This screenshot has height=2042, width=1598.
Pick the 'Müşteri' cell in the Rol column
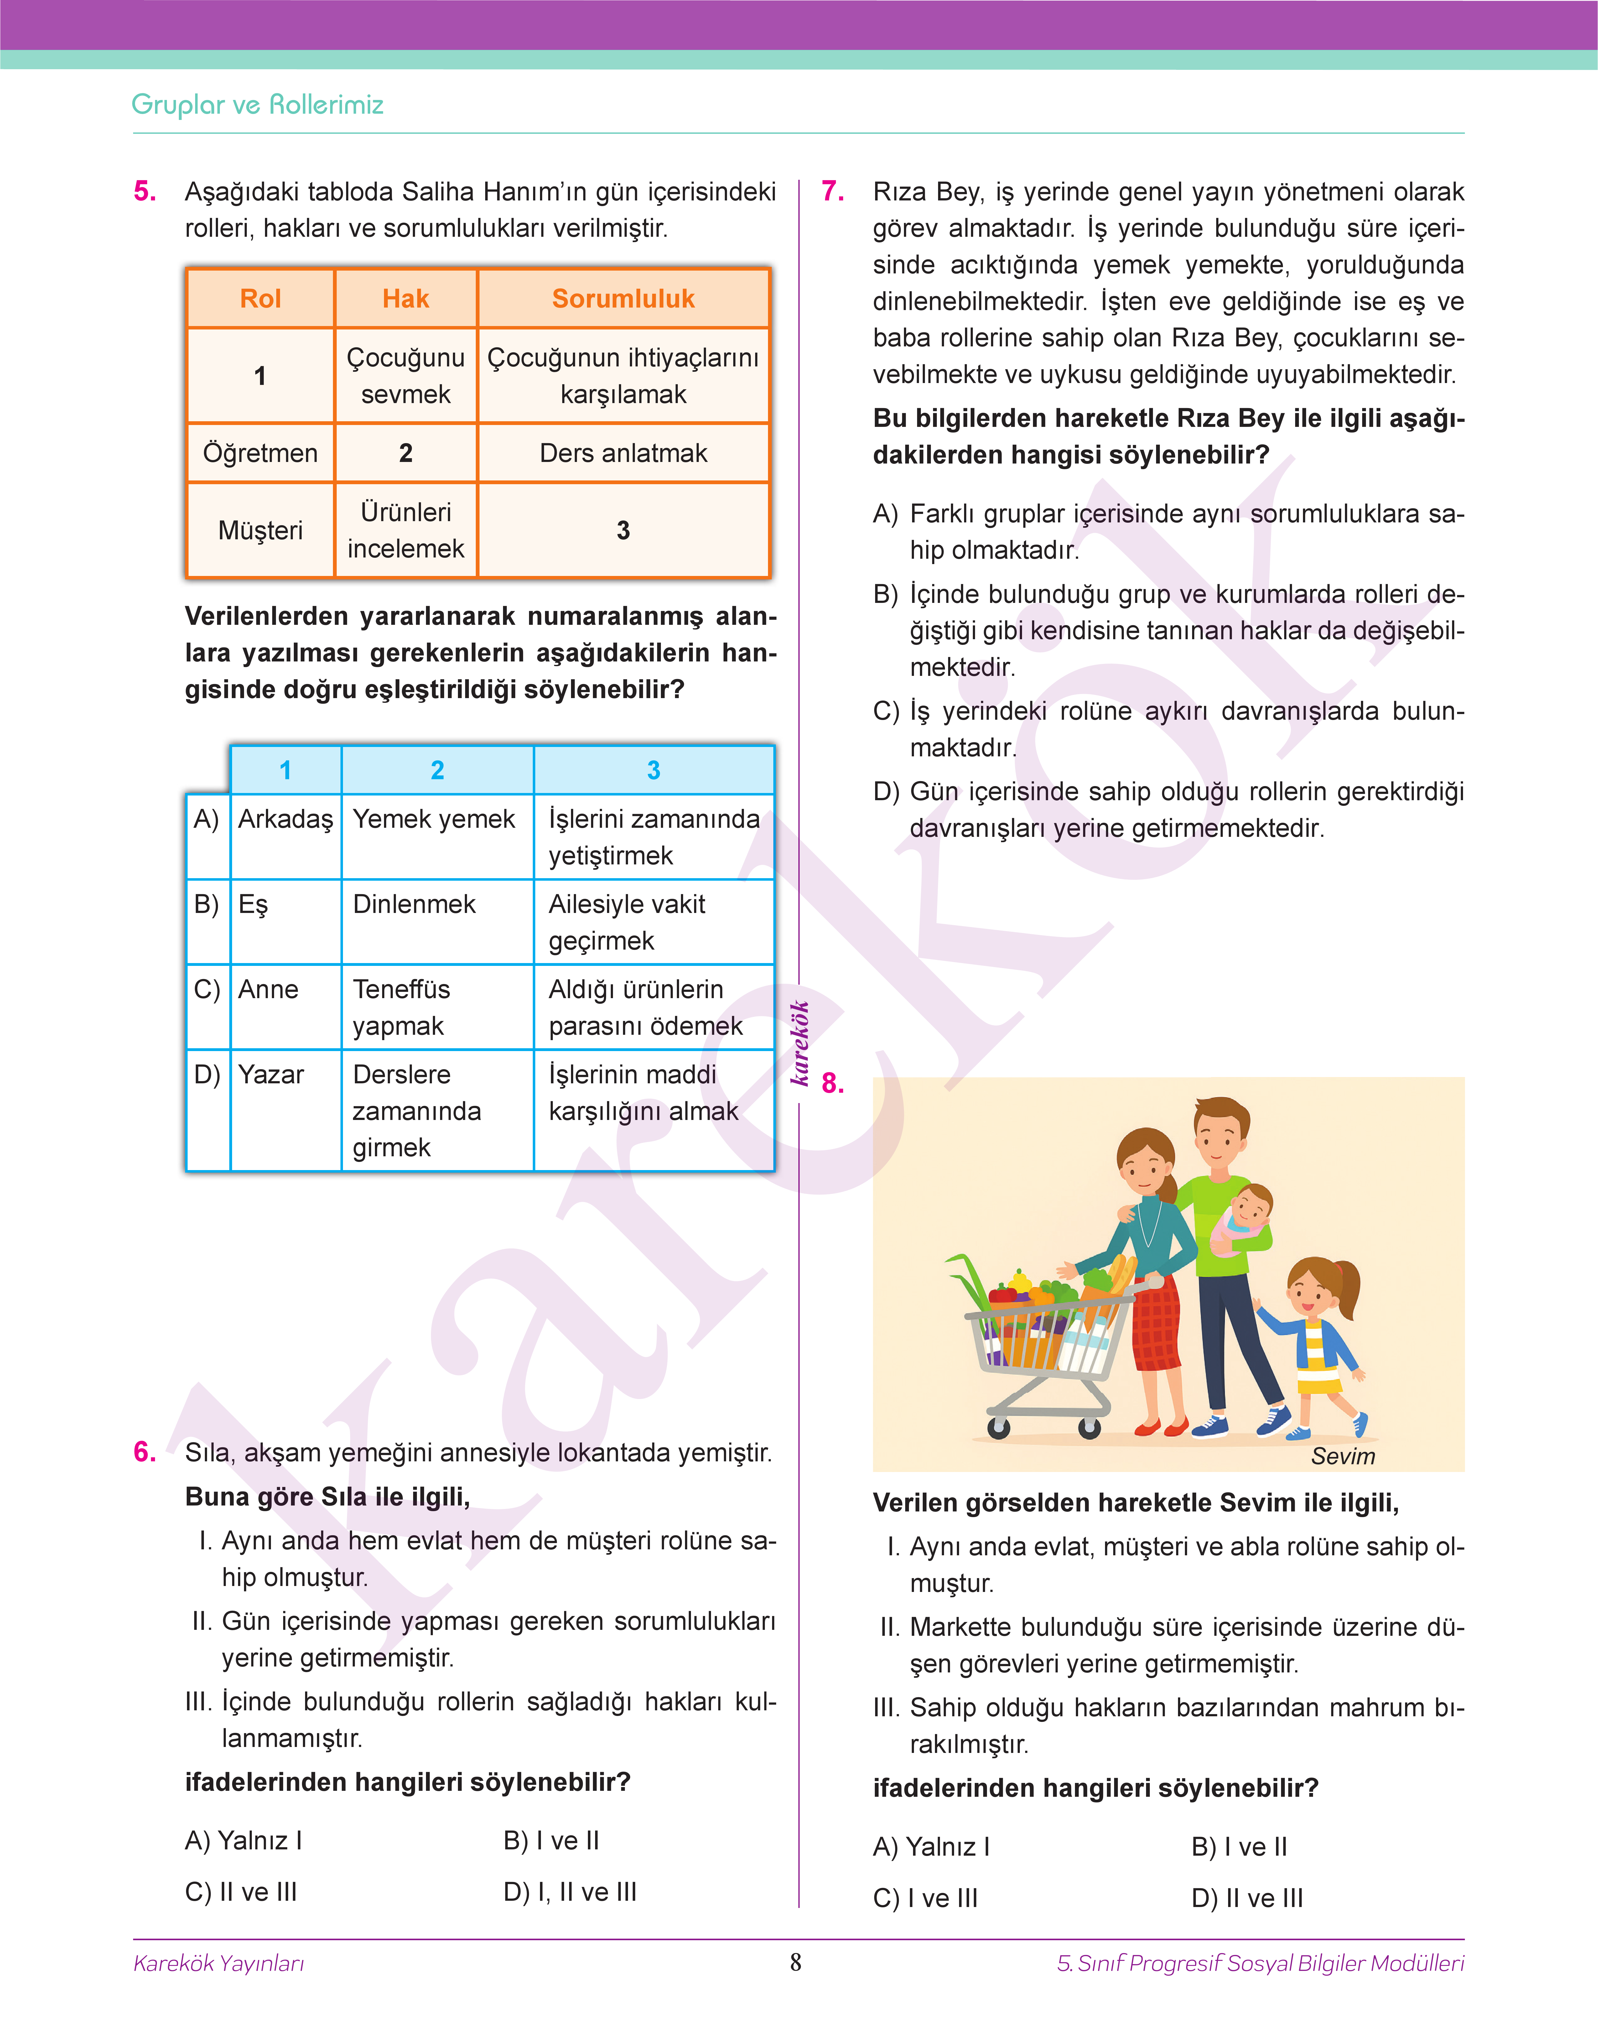pos(260,530)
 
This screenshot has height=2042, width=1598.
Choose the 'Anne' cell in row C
pos(268,990)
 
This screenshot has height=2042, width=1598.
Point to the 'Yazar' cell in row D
pos(271,1075)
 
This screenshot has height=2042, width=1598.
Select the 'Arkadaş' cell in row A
pos(285,819)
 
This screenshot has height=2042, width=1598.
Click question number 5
pos(145,192)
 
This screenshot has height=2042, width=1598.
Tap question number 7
pos(833,192)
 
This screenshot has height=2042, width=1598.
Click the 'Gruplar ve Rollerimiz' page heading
pos(257,105)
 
